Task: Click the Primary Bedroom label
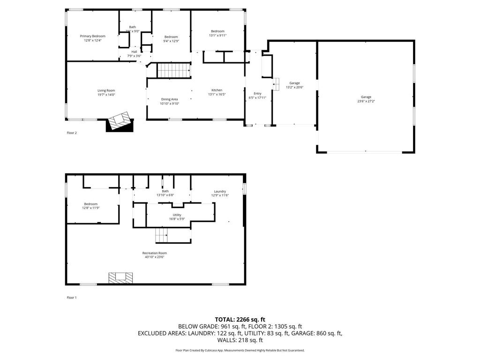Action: tap(92, 36)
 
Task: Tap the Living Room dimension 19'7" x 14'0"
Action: tap(106, 95)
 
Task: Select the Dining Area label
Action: tap(169, 99)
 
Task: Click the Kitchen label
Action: tap(217, 90)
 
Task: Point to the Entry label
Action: tap(257, 93)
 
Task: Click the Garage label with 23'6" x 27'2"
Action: tap(366, 97)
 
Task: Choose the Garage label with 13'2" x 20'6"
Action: tap(294, 83)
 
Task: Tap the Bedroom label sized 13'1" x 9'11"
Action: tap(217, 31)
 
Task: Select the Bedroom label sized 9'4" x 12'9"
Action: tap(171, 37)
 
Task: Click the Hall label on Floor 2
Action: tap(134, 52)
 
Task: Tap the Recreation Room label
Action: tap(154, 253)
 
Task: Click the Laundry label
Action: tap(220, 191)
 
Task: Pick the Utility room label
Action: tap(177, 215)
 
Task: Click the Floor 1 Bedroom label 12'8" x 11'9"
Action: tap(91, 204)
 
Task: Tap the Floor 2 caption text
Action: tap(72, 133)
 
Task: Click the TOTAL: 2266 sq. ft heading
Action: tap(240, 319)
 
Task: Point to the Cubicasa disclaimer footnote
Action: tap(240, 350)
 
